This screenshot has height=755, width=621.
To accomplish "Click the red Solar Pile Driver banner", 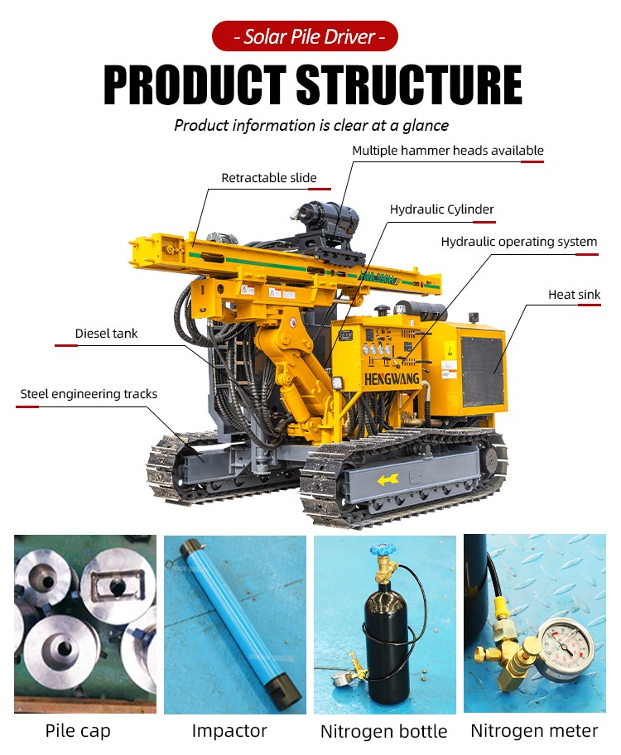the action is [x=305, y=36].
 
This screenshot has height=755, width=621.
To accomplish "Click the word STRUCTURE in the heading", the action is [x=409, y=85].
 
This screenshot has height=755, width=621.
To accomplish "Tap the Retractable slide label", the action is [x=269, y=178].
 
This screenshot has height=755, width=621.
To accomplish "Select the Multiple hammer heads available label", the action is [x=448, y=151].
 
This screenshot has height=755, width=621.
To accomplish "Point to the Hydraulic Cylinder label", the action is [x=442, y=209].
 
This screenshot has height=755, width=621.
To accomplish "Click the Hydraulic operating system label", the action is [x=519, y=241].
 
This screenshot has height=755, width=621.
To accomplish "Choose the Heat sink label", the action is [x=575, y=294].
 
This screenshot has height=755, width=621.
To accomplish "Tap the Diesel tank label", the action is [x=107, y=333].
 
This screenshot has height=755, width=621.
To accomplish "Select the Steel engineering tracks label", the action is [x=89, y=394].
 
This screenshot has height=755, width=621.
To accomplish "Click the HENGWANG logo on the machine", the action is [x=391, y=379].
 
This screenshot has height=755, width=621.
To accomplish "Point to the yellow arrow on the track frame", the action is [x=388, y=479].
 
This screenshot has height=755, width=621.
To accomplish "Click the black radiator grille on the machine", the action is [x=482, y=370].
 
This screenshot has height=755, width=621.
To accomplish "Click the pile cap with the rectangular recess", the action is [x=118, y=584].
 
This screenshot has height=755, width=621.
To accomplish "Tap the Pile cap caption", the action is [x=78, y=731].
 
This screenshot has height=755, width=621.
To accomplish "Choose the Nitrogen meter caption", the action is [x=534, y=730].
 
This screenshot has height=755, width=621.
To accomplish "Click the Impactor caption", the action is [x=229, y=731].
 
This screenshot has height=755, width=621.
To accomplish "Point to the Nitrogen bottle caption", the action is [x=384, y=732].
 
